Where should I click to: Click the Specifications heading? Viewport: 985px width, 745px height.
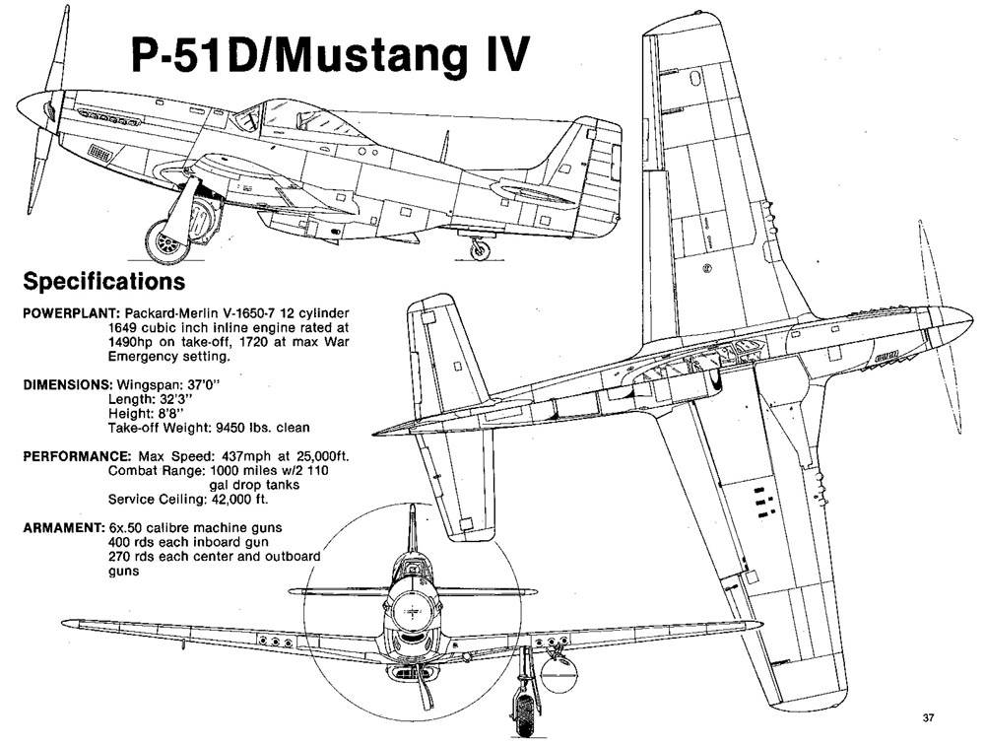pyautogui.click(x=104, y=281)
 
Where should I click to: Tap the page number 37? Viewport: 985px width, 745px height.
pyautogui.click(x=929, y=718)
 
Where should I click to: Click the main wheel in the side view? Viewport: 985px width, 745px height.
pyautogui.click(x=167, y=241)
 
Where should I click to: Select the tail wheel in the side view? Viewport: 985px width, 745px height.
pyautogui.click(x=480, y=250)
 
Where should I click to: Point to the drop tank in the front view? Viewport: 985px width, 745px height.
pyautogui.click(x=558, y=673)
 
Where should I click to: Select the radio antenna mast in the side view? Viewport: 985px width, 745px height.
pyautogui.click(x=446, y=145)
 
